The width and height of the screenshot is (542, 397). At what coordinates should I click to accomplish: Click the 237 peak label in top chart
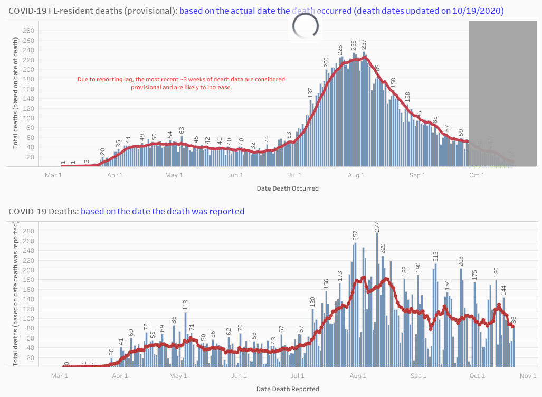tap(364, 45)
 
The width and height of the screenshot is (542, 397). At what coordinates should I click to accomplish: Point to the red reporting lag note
tap(181, 83)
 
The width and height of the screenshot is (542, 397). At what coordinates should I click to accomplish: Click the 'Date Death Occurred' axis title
tap(288, 188)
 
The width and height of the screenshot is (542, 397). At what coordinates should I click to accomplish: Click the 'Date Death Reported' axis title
tap(288, 389)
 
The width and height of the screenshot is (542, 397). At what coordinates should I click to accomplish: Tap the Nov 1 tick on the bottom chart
tap(528, 376)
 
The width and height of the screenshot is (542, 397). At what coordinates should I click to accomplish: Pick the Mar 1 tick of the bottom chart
tap(60, 376)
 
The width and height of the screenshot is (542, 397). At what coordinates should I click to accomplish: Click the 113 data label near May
tap(185, 305)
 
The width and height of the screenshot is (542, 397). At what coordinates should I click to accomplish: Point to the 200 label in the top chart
tap(326, 62)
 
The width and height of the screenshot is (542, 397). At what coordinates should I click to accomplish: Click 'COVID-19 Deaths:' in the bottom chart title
tap(43, 211)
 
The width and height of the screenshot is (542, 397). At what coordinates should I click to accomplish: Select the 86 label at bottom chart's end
tap(513, 320)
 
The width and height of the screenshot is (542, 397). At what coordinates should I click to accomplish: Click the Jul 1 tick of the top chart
tap(296, 175)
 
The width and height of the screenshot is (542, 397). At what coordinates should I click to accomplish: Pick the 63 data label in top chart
tap(182, 130)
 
